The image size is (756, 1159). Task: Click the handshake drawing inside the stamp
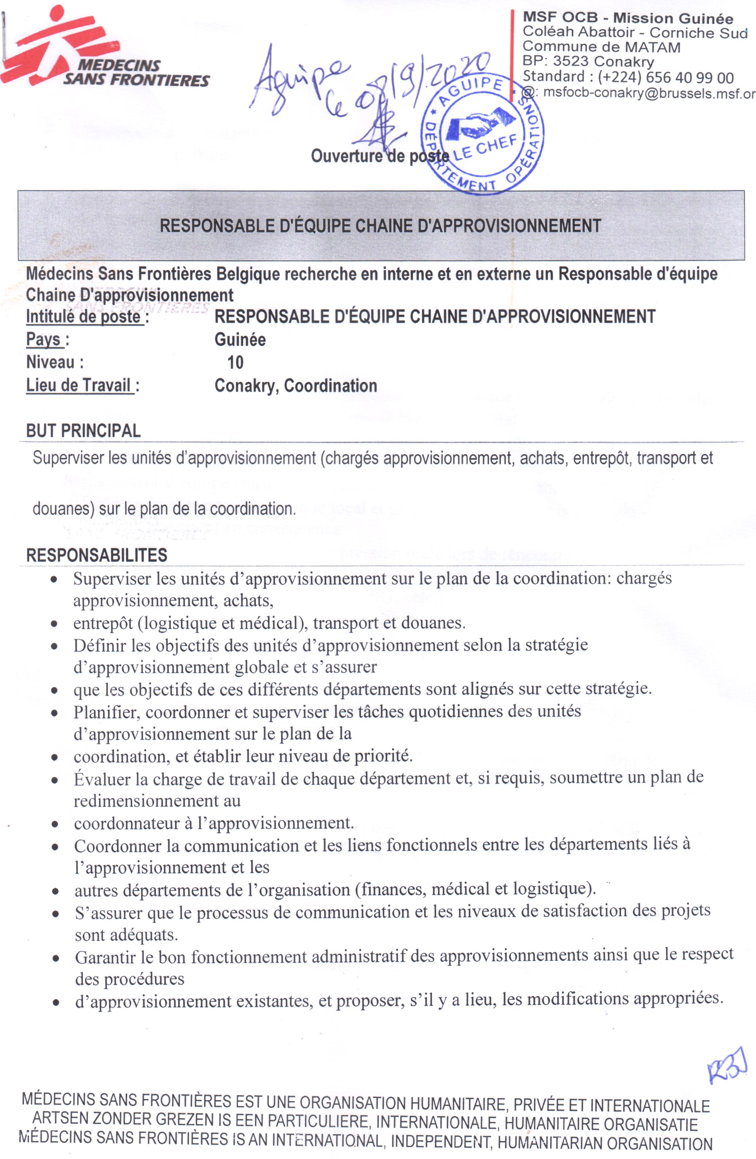(x=480, y=125)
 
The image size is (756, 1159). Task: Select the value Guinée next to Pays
(x=240, y=339)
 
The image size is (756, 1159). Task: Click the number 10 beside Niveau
(x=235, y=362)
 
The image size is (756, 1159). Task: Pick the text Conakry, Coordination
(x=296, y=386)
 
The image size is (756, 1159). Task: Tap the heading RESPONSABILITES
(x=97, y=555)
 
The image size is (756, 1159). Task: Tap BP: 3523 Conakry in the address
(x=588, y=62)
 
